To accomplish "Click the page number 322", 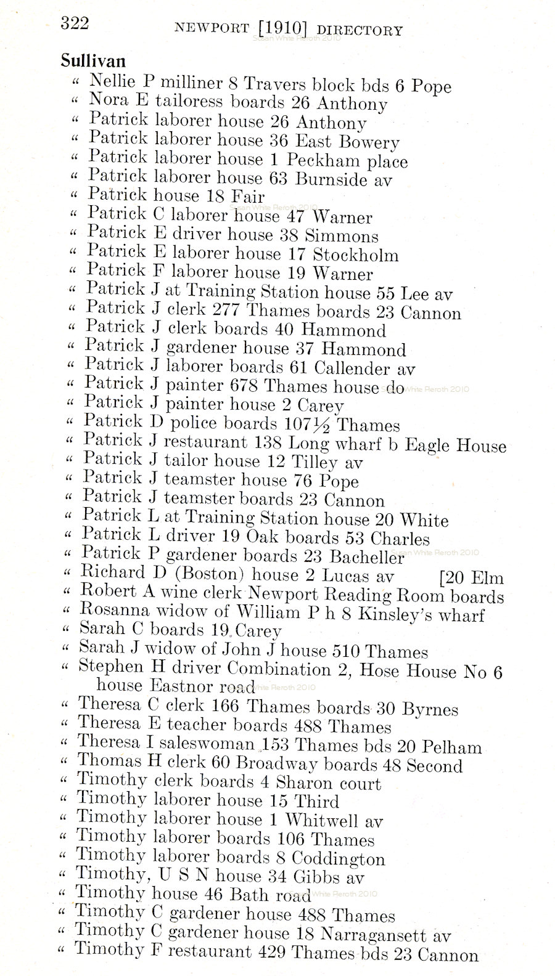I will point(75,23).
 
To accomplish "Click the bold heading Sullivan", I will point(93,61).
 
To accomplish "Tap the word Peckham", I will point(323,160).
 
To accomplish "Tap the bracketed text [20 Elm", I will point(471,578).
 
